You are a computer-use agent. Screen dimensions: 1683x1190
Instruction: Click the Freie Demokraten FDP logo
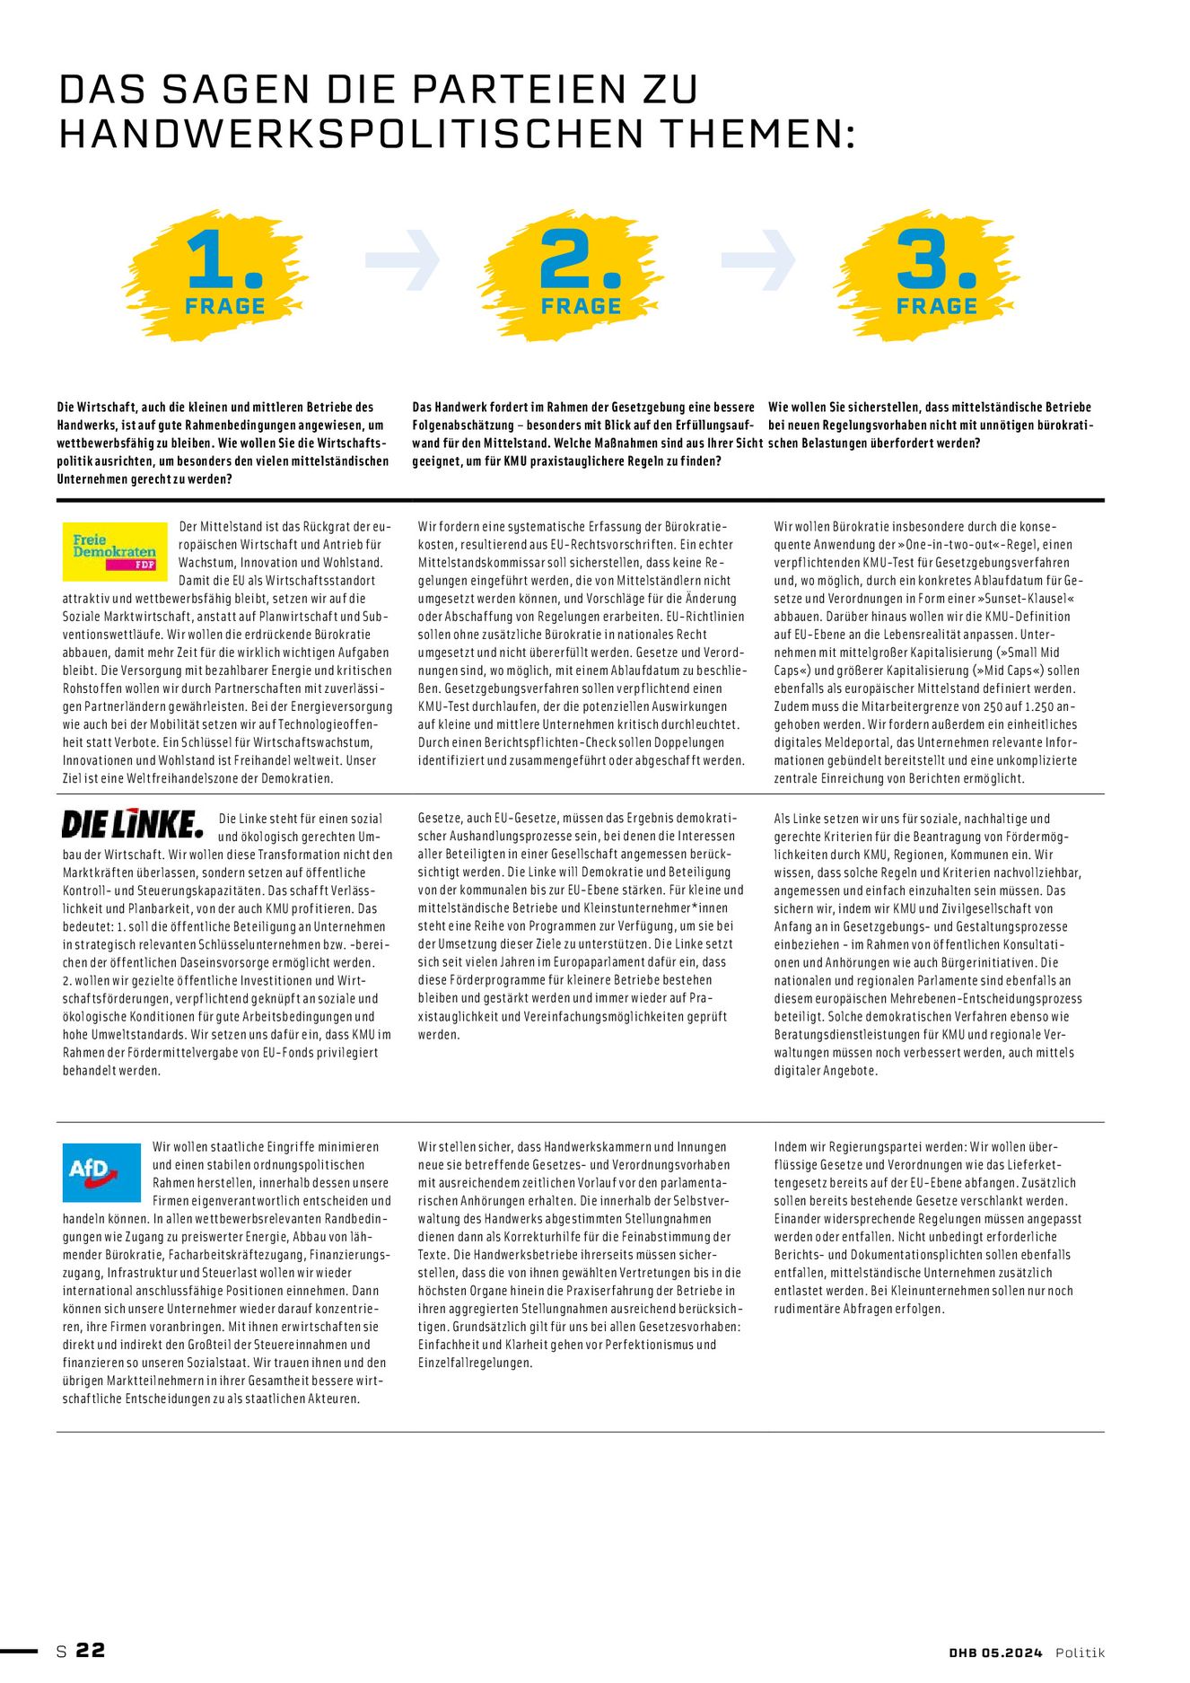115,551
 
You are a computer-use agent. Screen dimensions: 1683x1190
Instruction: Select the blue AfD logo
101,1171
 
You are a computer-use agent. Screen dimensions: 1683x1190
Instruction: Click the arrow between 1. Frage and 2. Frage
403,259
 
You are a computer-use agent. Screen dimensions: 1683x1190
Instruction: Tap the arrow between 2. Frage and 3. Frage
758,259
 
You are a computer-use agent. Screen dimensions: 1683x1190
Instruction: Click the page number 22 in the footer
91,1650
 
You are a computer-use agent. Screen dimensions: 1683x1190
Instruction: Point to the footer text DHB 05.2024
995,1652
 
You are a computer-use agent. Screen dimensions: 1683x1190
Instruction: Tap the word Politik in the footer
1080,1652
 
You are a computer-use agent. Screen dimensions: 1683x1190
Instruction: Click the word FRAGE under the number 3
936,306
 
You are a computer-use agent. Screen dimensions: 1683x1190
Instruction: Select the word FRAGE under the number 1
224,306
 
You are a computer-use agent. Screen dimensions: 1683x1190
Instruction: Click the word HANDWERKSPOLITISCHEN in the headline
351,134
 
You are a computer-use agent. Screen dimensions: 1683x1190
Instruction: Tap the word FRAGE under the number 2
581,306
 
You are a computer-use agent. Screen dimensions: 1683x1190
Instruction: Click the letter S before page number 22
62,1651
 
